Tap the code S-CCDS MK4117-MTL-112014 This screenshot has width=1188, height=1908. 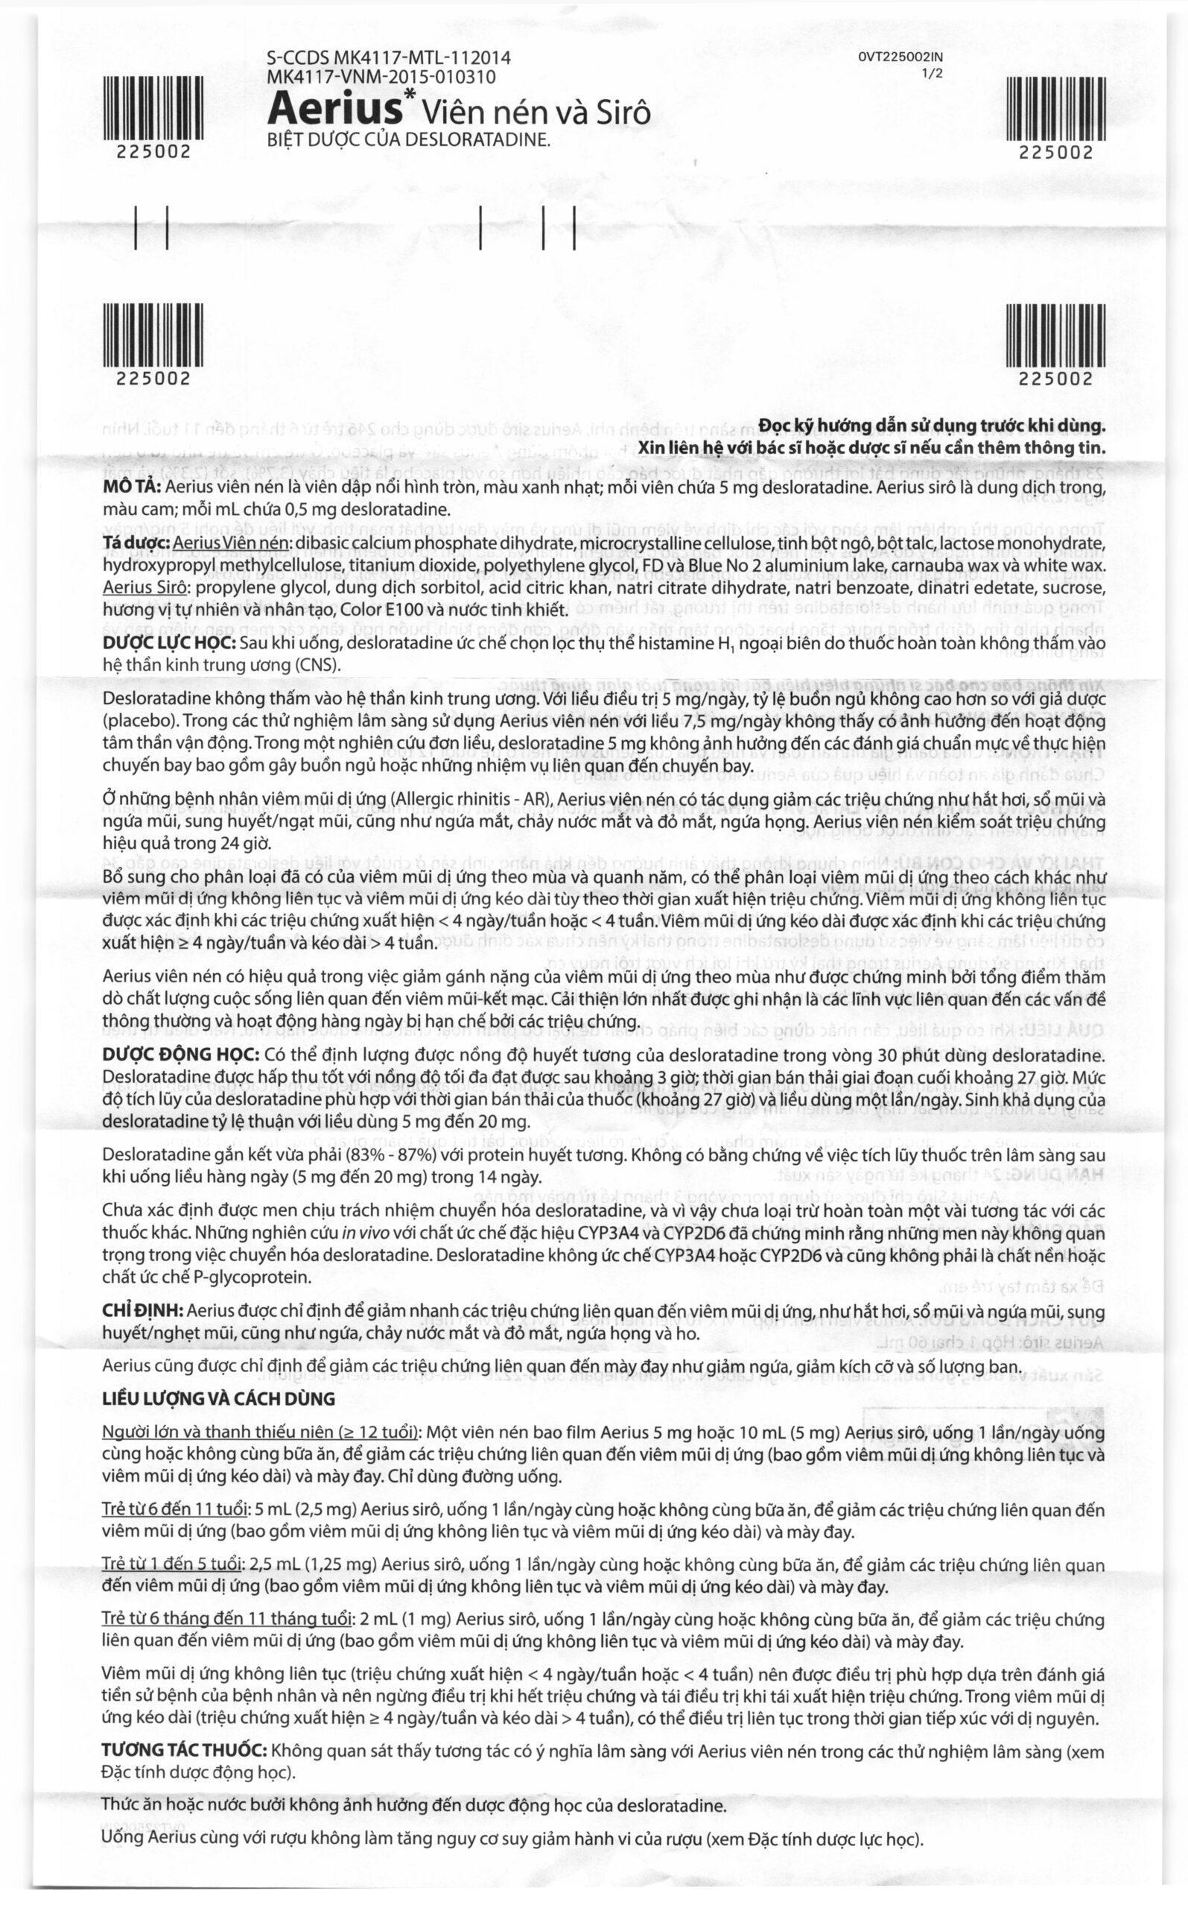389,57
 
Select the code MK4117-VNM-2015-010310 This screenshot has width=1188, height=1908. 381,77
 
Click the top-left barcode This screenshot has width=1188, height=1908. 153,110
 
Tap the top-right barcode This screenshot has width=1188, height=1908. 1056,110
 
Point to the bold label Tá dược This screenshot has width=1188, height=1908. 135,543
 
